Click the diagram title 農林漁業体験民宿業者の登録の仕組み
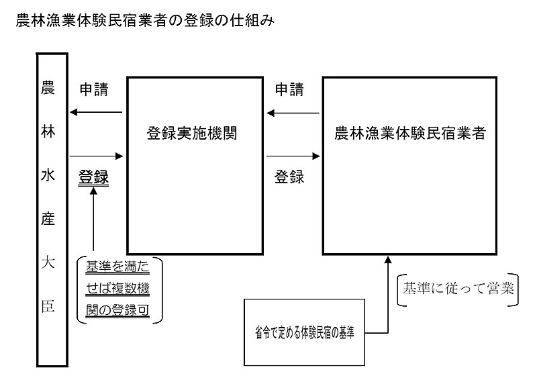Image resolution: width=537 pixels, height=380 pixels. pyautogui.click(x=145, y=21)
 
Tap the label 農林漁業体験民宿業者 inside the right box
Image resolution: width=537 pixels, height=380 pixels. pyautogui.click(x=409, y=133)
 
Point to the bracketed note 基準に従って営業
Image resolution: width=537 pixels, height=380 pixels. pyautogui.click(x=458, y=289)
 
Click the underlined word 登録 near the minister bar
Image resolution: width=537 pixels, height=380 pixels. pyautogui.click(x=93, y=177)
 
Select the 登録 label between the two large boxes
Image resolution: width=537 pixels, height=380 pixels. pyautogui.click(x=289, y=177)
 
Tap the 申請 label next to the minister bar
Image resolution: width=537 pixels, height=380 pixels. pyautogui.click(x=94, y=89)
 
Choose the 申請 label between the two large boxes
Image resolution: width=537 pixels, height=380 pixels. pyautogui.click(x=289, y=89)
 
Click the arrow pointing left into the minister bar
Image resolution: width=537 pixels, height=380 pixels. pyautogui.click(x=96, y=112)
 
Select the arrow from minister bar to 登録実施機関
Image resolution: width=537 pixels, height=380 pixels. pyautogui.click(x=96, y=156)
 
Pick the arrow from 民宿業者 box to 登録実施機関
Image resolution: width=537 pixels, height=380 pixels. pyautogui.click(x=293, y=113)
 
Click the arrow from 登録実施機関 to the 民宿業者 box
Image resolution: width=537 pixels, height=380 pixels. pyautogui.click(x=293, y=156)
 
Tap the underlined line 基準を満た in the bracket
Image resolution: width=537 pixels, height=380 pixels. pyautogui.click(x=117, y=267)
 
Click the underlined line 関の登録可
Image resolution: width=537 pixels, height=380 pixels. pyautogui.click(x=117, y=310)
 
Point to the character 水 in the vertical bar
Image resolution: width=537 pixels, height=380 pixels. pyautogui.click(x=48, y=175)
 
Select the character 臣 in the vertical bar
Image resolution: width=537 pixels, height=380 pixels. pyautogui.click(x=48, y=306)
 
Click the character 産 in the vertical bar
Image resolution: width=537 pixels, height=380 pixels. pyautogui.click(x=48, y=219)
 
